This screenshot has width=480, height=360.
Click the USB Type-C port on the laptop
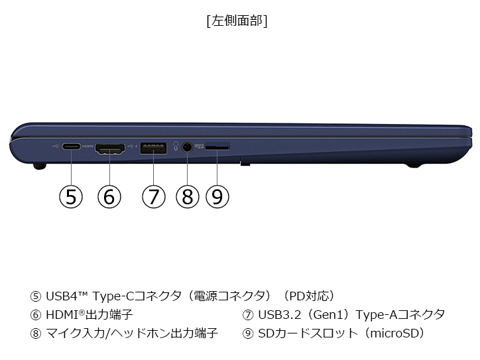72,147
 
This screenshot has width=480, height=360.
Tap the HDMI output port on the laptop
110,149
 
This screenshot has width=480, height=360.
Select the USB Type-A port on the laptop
153,148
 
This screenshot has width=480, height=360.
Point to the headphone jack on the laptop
187,147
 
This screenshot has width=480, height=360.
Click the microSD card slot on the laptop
217,148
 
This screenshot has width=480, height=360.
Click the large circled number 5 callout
71,196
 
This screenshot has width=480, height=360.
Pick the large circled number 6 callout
109,196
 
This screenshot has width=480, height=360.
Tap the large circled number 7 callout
154,196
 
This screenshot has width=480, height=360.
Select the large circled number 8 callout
188,196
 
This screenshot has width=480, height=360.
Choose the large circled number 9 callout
217,196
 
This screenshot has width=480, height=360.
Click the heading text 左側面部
237,21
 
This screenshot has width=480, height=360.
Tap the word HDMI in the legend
62,315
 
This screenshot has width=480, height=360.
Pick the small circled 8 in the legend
36,333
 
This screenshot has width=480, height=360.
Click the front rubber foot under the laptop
40,166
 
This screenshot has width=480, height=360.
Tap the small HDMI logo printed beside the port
88,147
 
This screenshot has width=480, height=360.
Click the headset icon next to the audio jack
176,146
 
